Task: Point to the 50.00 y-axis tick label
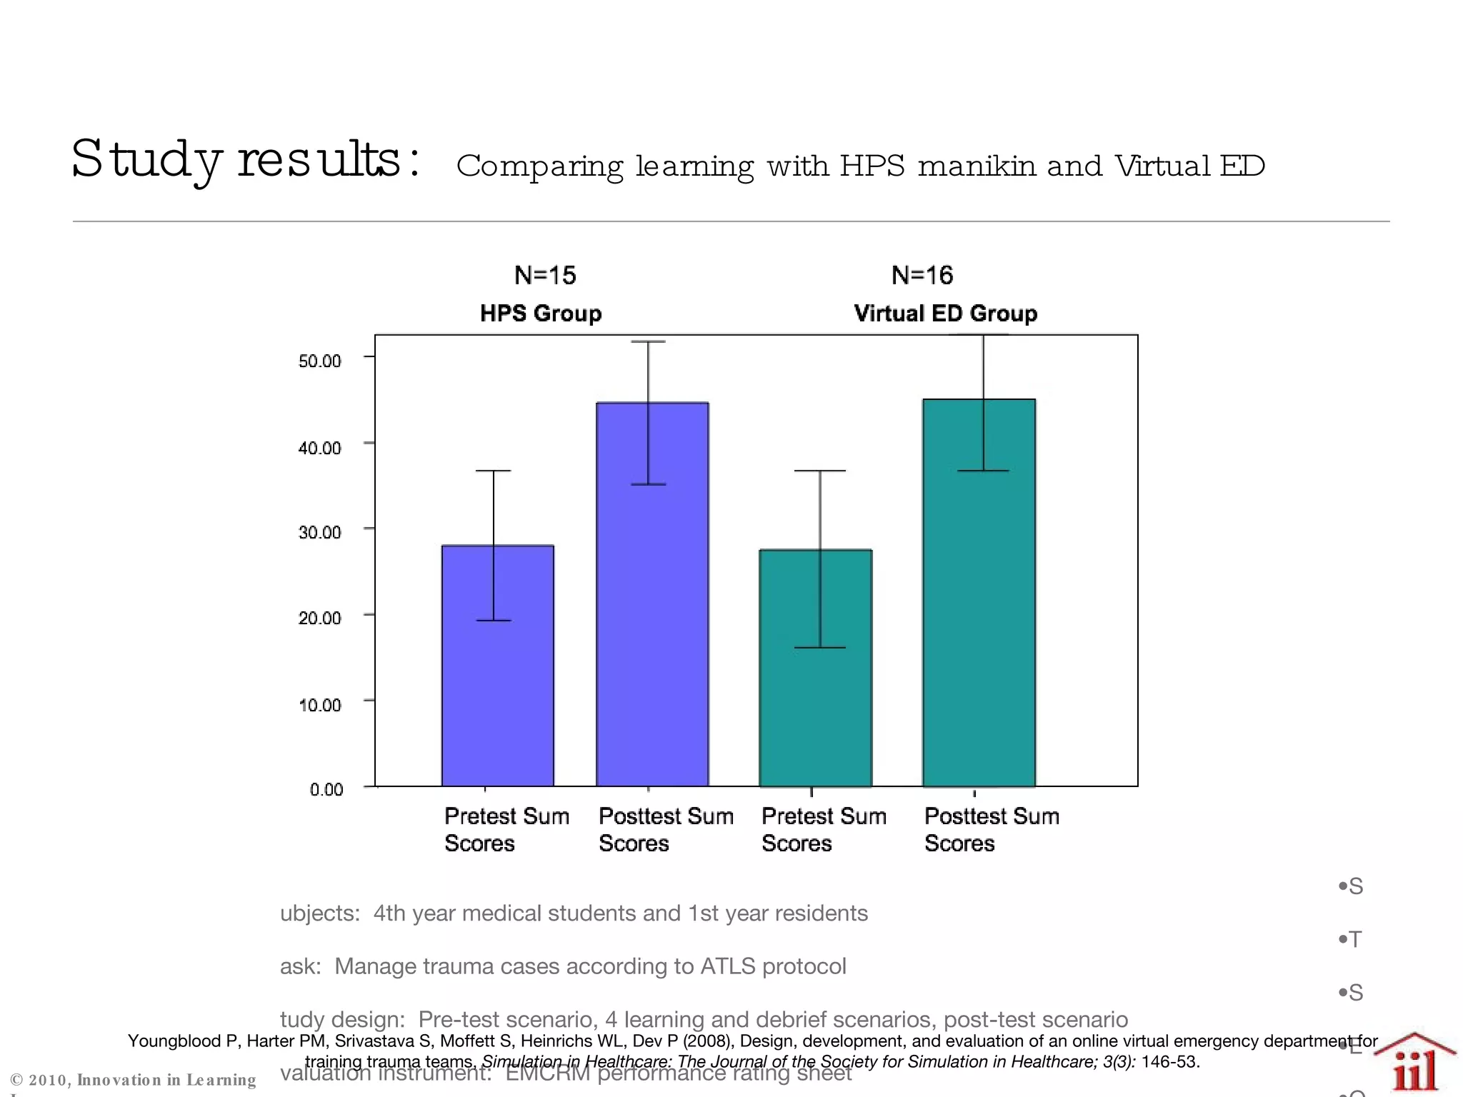click(319, 361)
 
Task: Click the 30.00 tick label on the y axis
click(319, 533)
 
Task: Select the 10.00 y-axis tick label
click(319, 706)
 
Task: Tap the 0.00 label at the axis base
click(326, 789)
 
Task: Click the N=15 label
click(545, 275)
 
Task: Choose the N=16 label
click(922, 275)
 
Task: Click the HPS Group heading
click(541, 313)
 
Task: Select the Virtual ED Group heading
click(945, 313)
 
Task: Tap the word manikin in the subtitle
click(977, 166)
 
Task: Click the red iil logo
click(1414, 1068)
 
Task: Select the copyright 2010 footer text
click(133, 1080)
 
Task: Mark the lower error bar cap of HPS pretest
click(494, 620)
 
